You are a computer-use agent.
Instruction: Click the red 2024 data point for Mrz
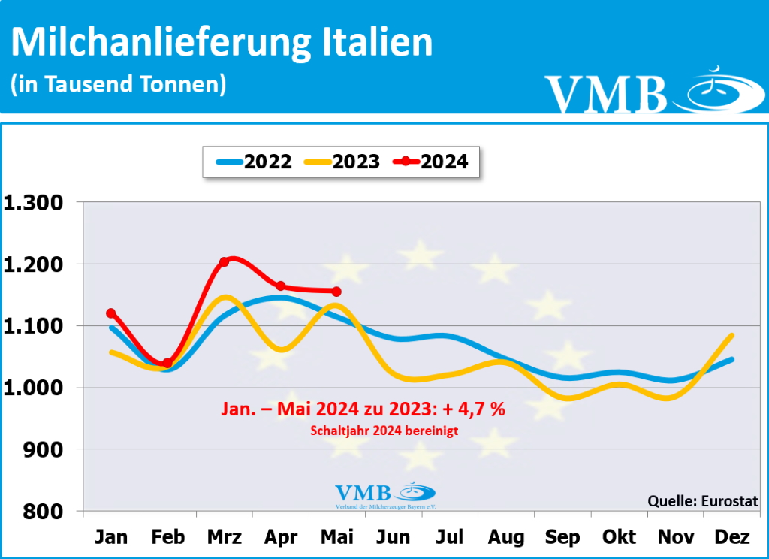[x=224, y=262]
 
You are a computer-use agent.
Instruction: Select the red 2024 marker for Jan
[x=111, y=313]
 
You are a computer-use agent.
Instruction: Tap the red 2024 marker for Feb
[x=167, y=363]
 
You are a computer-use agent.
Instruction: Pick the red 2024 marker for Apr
[x=280, y=286]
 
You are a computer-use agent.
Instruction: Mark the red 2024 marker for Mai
[x=336, y=292]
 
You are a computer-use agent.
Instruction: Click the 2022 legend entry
[x=255, y=162]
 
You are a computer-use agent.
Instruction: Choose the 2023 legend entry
[x=342, y=162]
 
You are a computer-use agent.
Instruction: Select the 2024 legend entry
[x=433, y=162]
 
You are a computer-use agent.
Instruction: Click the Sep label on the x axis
[x=562, y=538]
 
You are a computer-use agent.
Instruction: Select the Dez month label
[x=732, y=538]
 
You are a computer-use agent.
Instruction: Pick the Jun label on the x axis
[x=394, y=538]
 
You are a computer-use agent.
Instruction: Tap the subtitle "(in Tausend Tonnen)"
[x=118, y=84]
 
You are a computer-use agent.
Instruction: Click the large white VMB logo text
[x=606, y=95]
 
